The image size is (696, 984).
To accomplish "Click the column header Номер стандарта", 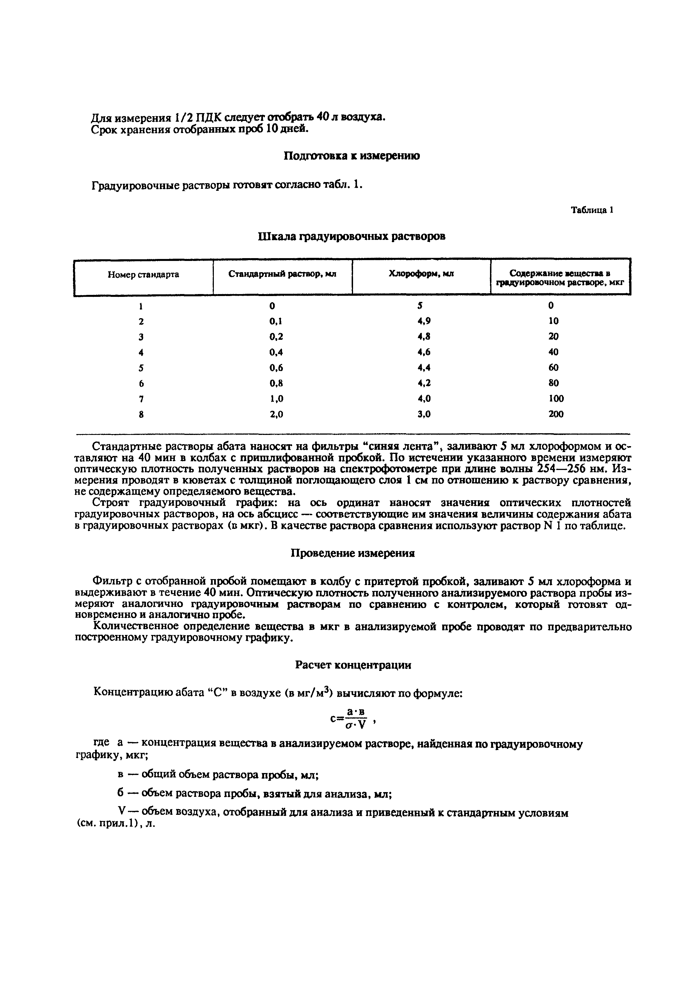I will pyautogui.click(x=143, y=275).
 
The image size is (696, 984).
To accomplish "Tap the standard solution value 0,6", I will pyautogui.click(x=276, y=368).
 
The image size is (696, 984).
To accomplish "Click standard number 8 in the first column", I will pyautogui.click(x=141, y=414).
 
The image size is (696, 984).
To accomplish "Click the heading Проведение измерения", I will pyautogui.click(x=353, y=553).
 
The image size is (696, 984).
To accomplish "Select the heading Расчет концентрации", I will pyautogui.click(x=353, y=665).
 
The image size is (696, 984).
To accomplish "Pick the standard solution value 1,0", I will pyautogui.click(x=276, y=399).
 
